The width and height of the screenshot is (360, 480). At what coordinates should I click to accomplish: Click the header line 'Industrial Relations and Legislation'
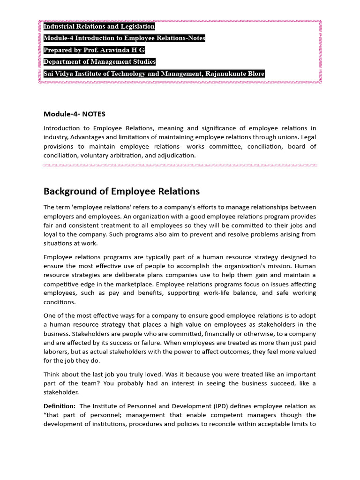(x=99, y=27)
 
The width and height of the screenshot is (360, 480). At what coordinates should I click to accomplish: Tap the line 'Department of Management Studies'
(x=99, y=62)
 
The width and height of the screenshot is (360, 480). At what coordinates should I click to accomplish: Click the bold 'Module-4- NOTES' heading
(x=75, y=114)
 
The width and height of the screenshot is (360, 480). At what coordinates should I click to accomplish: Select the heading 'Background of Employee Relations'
(x=121, y=191)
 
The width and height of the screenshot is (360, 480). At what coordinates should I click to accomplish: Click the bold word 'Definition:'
(x=60, y=406)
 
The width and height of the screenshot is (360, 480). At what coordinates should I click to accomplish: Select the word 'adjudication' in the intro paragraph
(x=176, y=155)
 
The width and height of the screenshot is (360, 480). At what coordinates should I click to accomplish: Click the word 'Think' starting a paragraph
(x=52, y=374)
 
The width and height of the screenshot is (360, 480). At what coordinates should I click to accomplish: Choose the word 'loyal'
(x=51, y=234)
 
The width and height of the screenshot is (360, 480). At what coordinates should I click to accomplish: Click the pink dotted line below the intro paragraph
(x=180, y=165)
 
